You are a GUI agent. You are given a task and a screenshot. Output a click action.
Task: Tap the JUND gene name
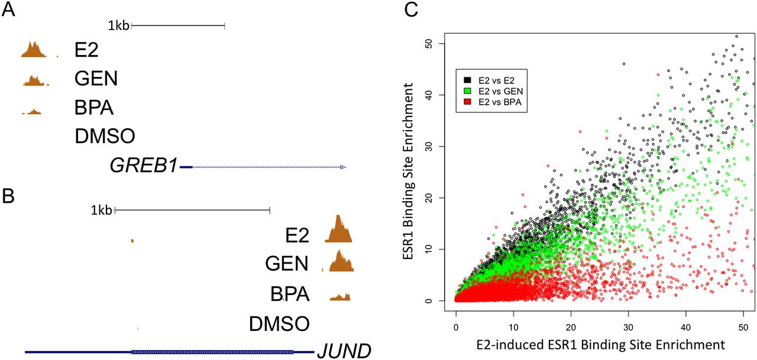344,351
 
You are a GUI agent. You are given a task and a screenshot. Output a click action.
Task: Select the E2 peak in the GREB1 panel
34,51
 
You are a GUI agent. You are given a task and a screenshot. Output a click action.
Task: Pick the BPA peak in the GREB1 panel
33,111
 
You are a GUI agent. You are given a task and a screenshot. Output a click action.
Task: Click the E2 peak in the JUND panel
338,231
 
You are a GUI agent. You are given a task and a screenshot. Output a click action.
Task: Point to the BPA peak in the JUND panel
341,296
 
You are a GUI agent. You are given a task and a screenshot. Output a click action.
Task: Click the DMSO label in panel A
105,137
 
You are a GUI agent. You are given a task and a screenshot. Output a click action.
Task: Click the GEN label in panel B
287,263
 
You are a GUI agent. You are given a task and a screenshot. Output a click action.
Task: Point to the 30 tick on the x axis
629,326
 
